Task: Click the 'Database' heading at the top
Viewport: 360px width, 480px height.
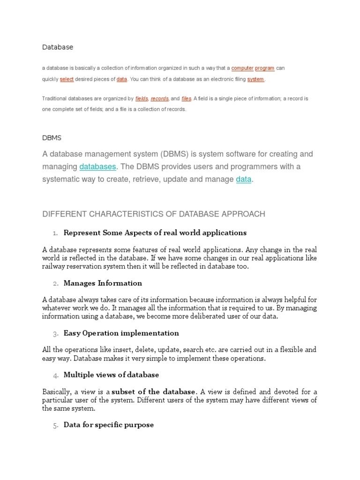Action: pyautogui.click(x=58, y=47)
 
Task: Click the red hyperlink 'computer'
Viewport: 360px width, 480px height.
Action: pyautogui.click(x=242, y=68)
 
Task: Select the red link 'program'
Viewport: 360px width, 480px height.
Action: pyautogui.click(x=265, y=68)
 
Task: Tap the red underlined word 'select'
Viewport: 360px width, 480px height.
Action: pyautogui.click(x=67, y=80)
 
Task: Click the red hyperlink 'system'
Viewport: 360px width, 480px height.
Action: pyautogui.click(x=255, y=80)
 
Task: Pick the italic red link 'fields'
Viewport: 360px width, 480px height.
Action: pyautogui.click(x=142, y=99)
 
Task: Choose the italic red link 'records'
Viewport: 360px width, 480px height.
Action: pyautogui.click(x=159, y=99)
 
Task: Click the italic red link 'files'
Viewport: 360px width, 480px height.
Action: pyautogui.click(x=186, y=99)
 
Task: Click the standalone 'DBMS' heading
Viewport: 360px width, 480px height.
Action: pyautogui.click(x=52, y=138)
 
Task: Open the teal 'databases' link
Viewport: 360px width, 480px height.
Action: pyautogui.click(x=97, y=167)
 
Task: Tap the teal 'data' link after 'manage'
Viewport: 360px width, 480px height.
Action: pyautogui.click(x=243, y=180)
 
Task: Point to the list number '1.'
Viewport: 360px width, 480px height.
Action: pyautogui.click(x=55, y=233)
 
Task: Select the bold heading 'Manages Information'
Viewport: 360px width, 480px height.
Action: pyautogui.click(x=103, y=283)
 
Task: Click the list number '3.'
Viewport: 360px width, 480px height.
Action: pyautogui.click(x=55, y=334)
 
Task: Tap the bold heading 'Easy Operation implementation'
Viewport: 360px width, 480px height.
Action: pyautogui.click(x=121, y=333)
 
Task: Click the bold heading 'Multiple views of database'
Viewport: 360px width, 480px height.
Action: pyautogui.click(x=111, y=375)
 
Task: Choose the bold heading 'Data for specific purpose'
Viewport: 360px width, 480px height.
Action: pyautogui.click(x=108, y=425)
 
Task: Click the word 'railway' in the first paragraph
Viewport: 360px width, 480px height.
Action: pyautogui.click(x=53, y=267)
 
